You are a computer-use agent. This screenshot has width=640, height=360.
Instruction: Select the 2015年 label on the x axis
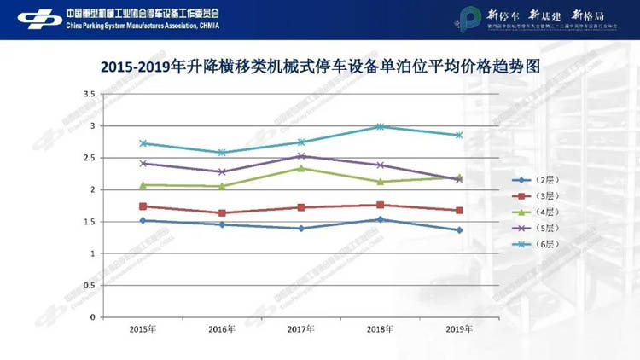[x=143, y=328]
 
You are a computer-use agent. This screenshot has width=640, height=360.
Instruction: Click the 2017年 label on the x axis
[x=300, y=328]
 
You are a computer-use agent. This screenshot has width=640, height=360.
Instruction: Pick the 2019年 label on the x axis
[x=459, y=328]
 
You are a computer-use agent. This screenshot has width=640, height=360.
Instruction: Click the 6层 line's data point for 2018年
[x=381, y=126]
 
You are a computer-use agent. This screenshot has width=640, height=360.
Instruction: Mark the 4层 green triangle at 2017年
[x=301, y=168]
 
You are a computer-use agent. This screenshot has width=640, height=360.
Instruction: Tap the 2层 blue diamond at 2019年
[x=459, y=230]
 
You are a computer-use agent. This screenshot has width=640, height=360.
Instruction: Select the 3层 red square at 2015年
[x=143, y=206]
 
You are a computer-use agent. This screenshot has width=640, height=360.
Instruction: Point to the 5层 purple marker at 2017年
[x=301, y=156]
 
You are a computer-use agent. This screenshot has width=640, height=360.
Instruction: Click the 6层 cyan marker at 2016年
[x=222, y=153]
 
